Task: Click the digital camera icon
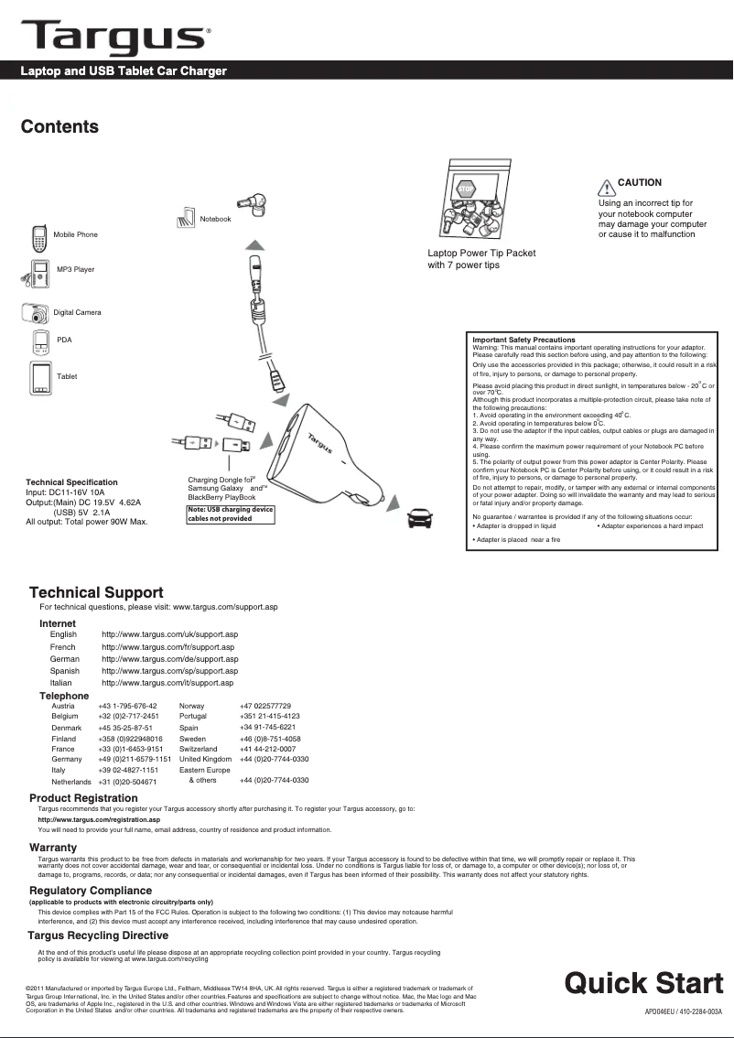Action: [x=36, y=313]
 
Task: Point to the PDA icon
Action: [x=39, y=342]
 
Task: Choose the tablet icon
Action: [x=39, y=377]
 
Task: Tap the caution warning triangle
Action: [x=606, y=188]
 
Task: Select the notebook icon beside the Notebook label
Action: [x=186, y=217]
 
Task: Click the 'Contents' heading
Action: [x=60, y=127]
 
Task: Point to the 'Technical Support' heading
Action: [x=96, y=593]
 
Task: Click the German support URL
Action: [x=169, y=659]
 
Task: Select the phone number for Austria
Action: [x=127, y=707]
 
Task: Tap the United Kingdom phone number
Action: [x=274, y=760]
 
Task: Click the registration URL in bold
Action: [x=99, y=820]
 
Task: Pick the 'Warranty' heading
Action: [x=53, y=848]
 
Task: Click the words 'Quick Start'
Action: [x=643, y=983]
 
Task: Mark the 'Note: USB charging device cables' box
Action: [x=230, y=514]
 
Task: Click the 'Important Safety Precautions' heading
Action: [x=524, y=340]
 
